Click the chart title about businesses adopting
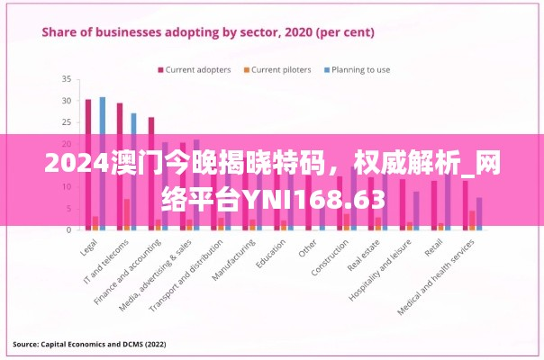click(x=209, y=31)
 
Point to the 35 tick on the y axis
click(x=66, y=78)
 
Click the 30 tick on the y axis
click(x=66, y=100)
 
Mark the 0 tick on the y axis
click(x=68, y=229)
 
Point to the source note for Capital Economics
click(x=88, y=344)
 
